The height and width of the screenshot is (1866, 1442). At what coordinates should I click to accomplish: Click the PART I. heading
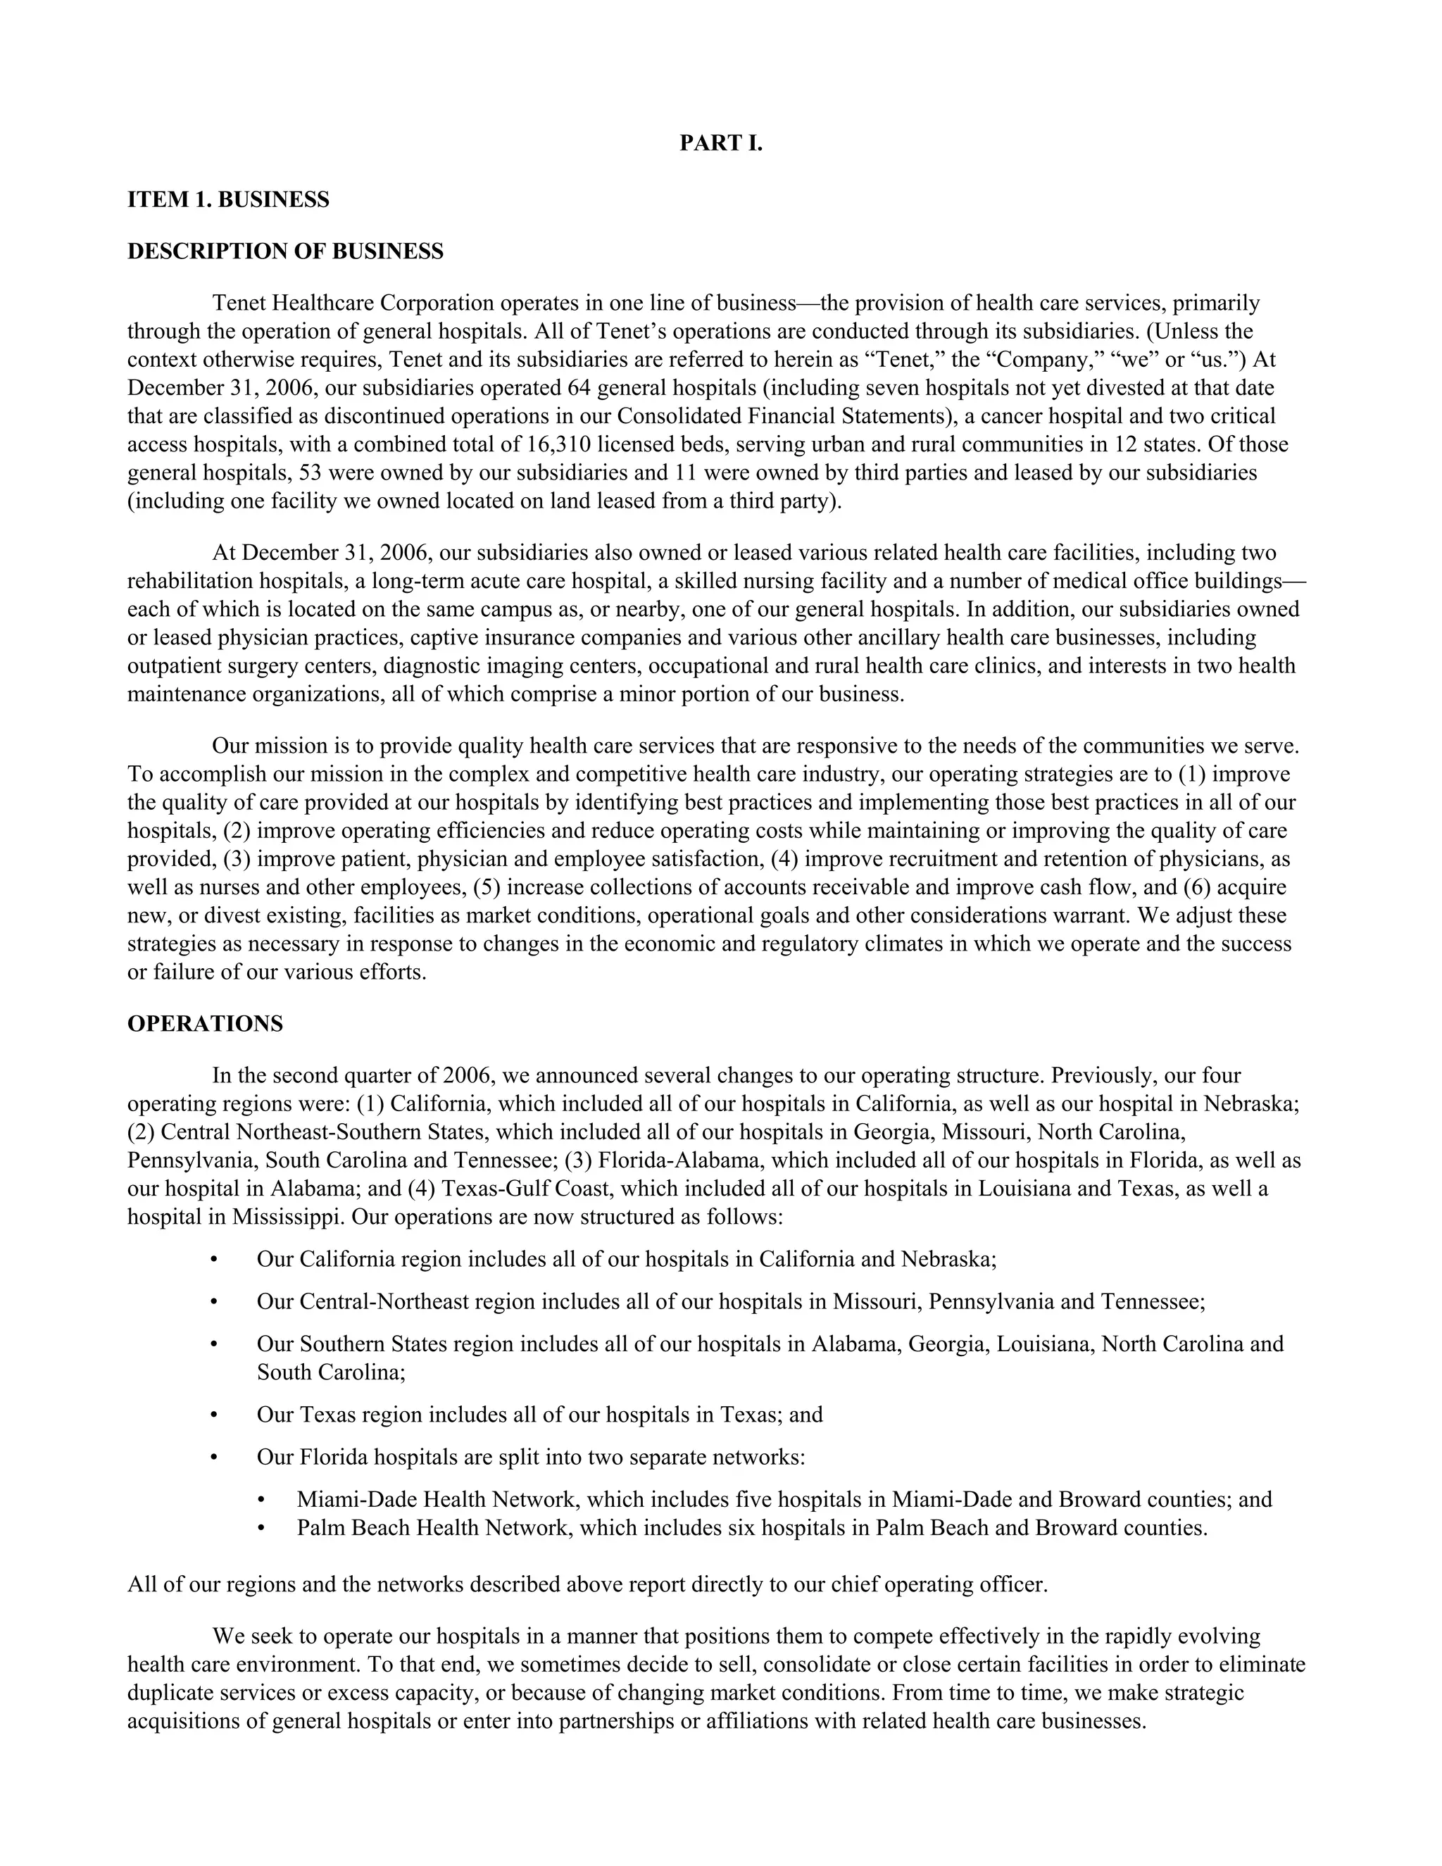[x=720, y=144]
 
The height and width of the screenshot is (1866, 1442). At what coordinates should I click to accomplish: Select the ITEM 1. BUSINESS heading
[x=228, y=200]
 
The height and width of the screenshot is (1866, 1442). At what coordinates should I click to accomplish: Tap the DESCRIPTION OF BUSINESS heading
[x=285, y=251]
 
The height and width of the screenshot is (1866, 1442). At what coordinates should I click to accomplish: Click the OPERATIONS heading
[x=205, y=1025]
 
